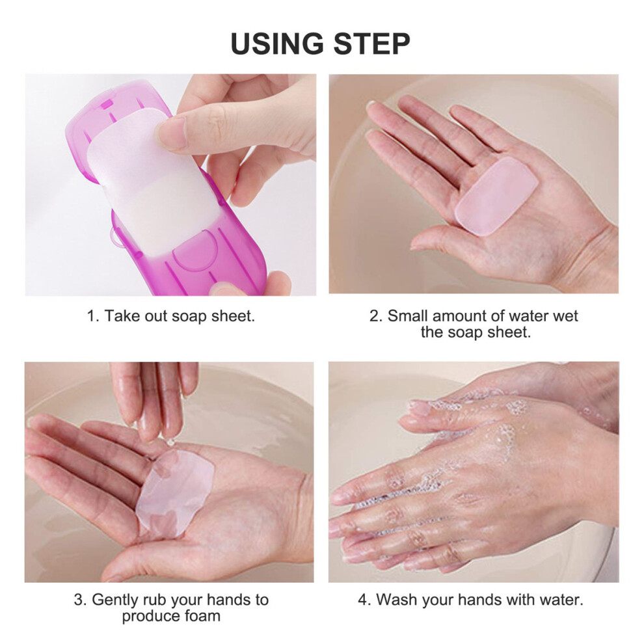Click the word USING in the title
click(277, 43)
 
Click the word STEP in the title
click(371, 43)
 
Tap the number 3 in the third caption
click(79, 600)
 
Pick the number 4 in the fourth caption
click(364, 600)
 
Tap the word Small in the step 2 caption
click(407, 316)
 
